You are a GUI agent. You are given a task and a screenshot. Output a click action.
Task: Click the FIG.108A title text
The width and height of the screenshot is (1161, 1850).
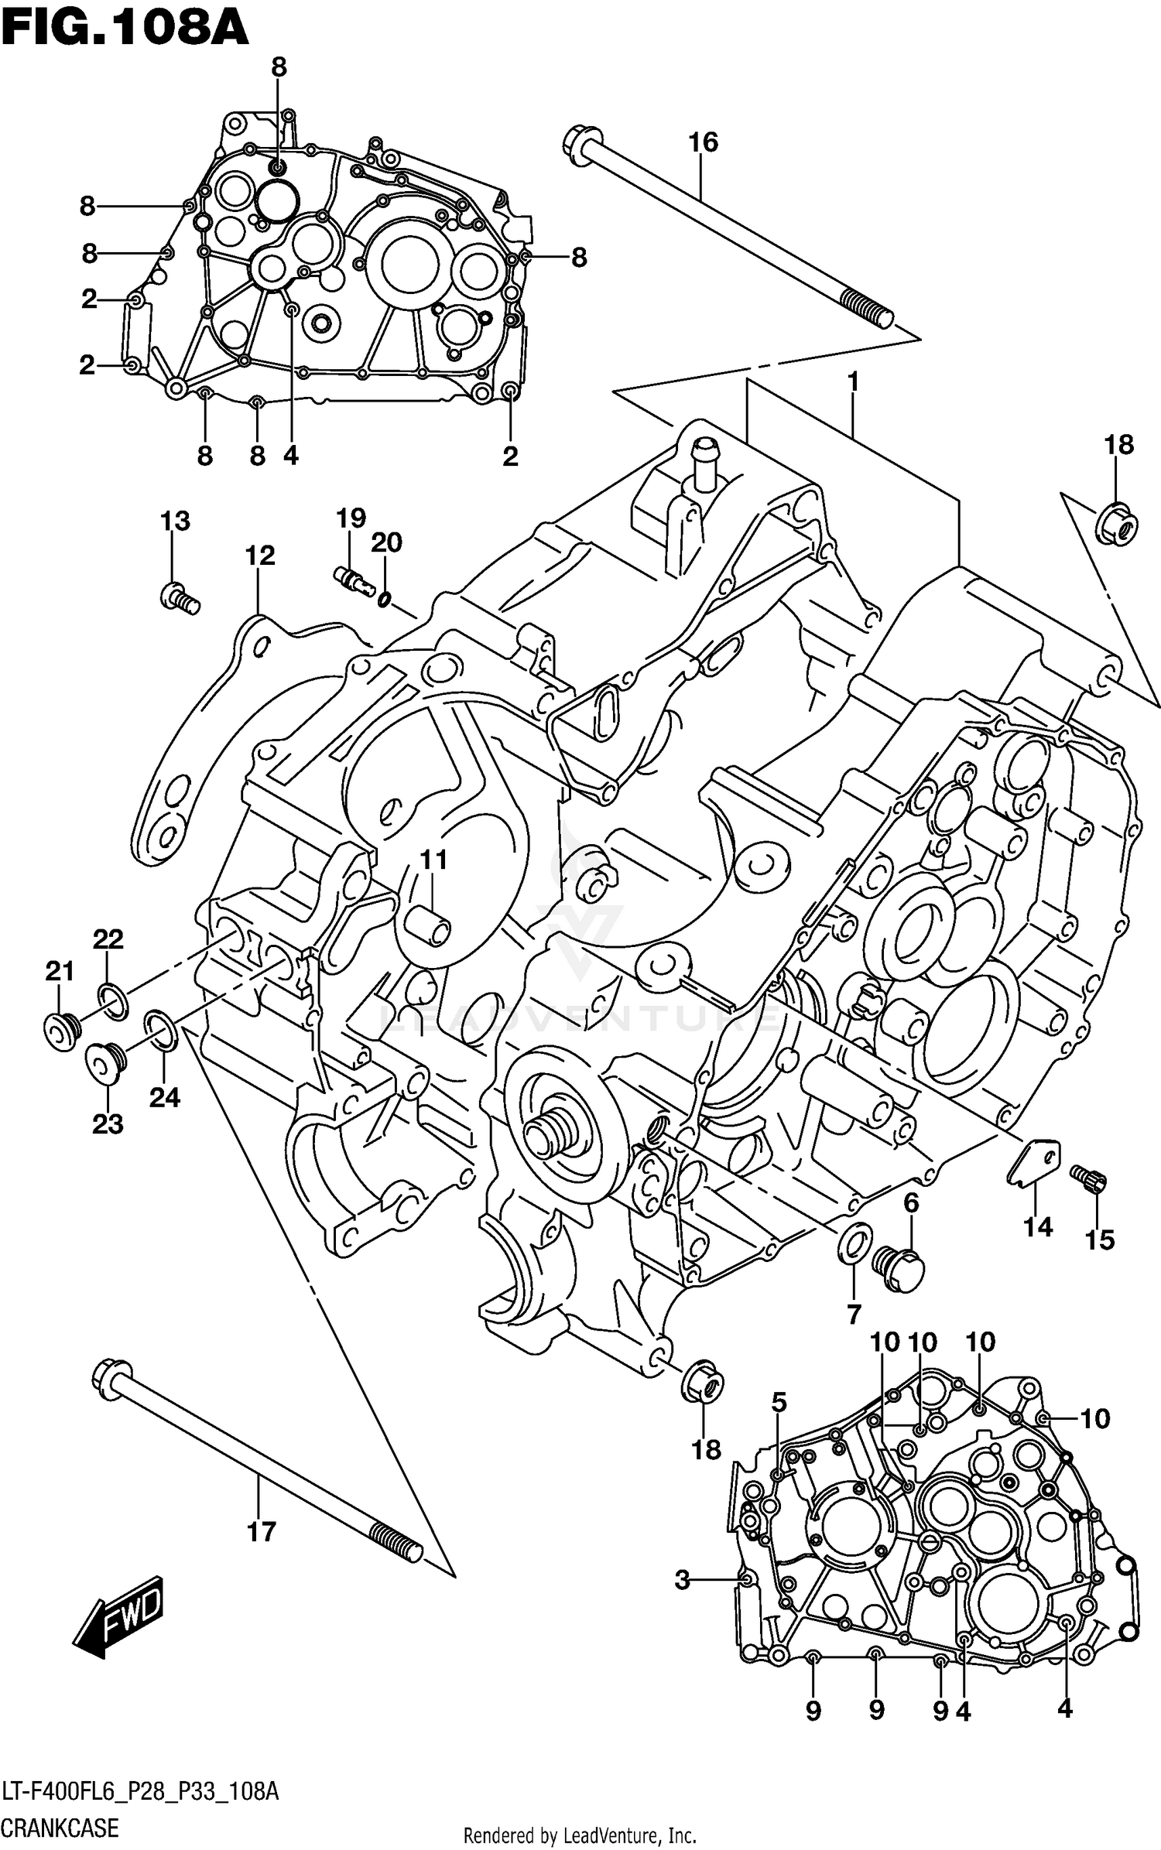[124, 29]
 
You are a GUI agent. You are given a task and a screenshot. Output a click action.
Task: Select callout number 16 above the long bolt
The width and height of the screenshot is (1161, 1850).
[703, 142]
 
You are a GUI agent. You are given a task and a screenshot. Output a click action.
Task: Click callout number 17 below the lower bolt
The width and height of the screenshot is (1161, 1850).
[261, 1531]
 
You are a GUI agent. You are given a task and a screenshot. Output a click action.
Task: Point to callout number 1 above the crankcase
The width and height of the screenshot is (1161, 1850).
[852, 381]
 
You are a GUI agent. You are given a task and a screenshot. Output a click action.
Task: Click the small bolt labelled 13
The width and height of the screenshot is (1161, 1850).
[180, 598]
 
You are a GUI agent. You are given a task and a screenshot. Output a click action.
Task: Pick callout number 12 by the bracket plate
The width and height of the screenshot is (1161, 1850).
[260, 556]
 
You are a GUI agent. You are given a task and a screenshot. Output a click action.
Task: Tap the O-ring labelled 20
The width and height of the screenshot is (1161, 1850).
[384, 599]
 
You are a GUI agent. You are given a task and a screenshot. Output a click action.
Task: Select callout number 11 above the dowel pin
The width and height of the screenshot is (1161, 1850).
[433, 860]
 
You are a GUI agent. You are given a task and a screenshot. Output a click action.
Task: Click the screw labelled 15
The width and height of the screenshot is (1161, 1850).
[1089, 1179]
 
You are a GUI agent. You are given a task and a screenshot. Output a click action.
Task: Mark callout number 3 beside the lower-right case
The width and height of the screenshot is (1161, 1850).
[682, 1579]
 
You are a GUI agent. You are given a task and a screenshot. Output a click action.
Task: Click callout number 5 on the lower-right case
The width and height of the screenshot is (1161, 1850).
[779, 1402]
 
